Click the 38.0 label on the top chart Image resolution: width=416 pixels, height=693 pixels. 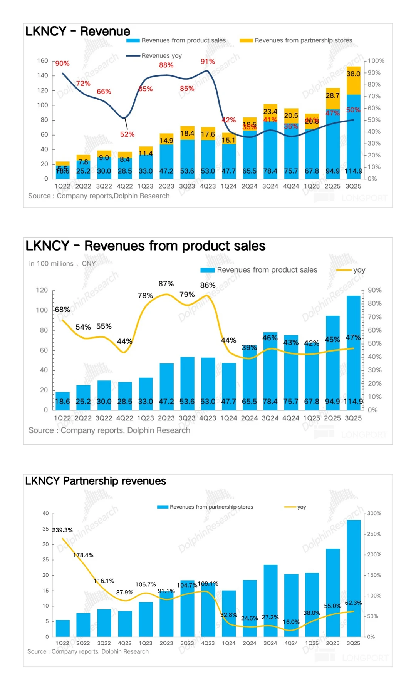353,74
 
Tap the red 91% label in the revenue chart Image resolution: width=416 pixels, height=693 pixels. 208,62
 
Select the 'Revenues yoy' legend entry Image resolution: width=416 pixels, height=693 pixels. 154,56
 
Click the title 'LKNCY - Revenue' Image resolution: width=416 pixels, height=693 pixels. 78,31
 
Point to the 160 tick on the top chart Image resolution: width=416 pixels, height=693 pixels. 42,61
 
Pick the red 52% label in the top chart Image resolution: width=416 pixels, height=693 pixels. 127,134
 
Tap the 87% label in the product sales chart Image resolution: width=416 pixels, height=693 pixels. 166,284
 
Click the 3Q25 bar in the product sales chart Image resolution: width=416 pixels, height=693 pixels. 353,350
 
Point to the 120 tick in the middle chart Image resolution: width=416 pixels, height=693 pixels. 42,290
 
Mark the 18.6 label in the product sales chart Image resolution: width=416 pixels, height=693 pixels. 62,402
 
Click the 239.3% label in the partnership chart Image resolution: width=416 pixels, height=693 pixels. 62,530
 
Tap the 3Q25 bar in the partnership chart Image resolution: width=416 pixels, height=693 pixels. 354,577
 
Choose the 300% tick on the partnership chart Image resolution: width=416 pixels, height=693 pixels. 374,514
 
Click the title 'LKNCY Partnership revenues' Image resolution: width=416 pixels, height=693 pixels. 96,481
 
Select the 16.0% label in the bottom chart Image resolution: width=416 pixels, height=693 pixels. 291,622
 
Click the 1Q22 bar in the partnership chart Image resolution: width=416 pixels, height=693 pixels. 63,628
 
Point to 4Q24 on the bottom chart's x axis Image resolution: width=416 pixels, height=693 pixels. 291,643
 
